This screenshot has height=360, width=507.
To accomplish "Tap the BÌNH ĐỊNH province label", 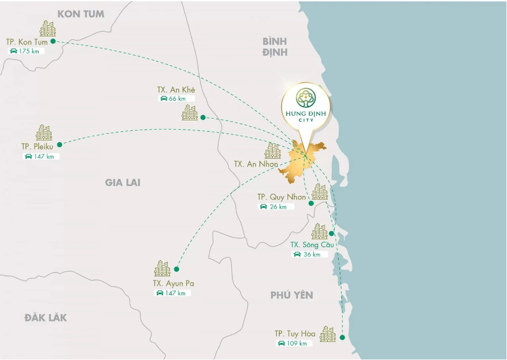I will pyautogui.click(x=274, y=47).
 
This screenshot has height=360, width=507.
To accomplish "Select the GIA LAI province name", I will pyautogui.click(x=123, y=182).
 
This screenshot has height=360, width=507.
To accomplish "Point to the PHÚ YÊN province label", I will pyautogui.click(x=292, y=295).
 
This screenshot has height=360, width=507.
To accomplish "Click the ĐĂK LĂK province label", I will pyautogui.click(x=46, y=318).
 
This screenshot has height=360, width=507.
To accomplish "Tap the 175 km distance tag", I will pyautogui.click(x=26, y=51).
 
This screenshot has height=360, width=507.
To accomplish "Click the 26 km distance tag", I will pyautogui.click(x=277, y=206).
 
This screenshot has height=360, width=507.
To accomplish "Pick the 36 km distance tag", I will pyautogui.click(x=310, y=254).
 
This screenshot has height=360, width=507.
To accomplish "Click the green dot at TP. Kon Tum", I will pyautogui.click(x=53, y=41).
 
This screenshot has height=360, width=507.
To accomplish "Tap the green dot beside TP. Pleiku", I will pyautogui.click(x=60, y=144).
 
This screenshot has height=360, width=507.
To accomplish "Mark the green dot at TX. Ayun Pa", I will pyautogui.click(x=176, y=269).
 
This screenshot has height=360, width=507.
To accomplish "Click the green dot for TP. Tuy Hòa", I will pyautogui.click(x=342, y=338).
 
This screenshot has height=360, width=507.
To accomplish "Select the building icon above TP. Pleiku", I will pyautogui.click(x=44, y=132).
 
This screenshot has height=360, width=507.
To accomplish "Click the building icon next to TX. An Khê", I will pyautogui.click(x=190, y=113).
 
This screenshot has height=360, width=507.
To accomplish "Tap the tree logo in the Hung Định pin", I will pyautogui.click(x=306, y=98).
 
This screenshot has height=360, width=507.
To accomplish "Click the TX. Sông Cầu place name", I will pyautogui.click(x=311, y=245).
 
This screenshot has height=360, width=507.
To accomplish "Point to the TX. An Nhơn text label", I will pyautogui.click(x=256, y=164).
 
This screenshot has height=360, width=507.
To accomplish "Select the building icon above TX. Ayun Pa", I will pyautogui.click(x=162, y=269).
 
